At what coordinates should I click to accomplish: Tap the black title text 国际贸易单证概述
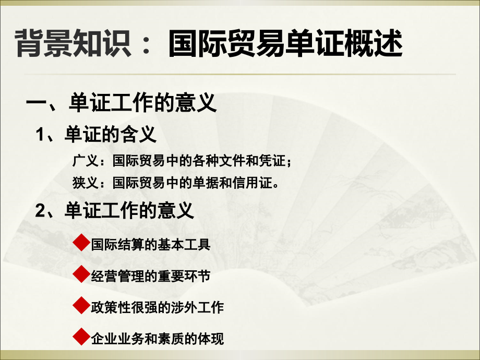pos(286,43)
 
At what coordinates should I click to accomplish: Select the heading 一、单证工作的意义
pos(121,103)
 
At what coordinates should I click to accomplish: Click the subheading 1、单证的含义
pos(96,136)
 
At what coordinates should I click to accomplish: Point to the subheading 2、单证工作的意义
pos(115,211)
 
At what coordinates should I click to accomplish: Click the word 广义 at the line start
pos(83,162)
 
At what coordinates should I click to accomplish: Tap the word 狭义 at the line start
pos(83,183)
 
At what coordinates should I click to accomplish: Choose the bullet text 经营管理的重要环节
pos(150,276)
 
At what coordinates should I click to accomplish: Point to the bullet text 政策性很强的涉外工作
pos(157,307)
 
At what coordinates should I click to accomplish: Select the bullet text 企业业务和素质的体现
pos(157,339)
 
